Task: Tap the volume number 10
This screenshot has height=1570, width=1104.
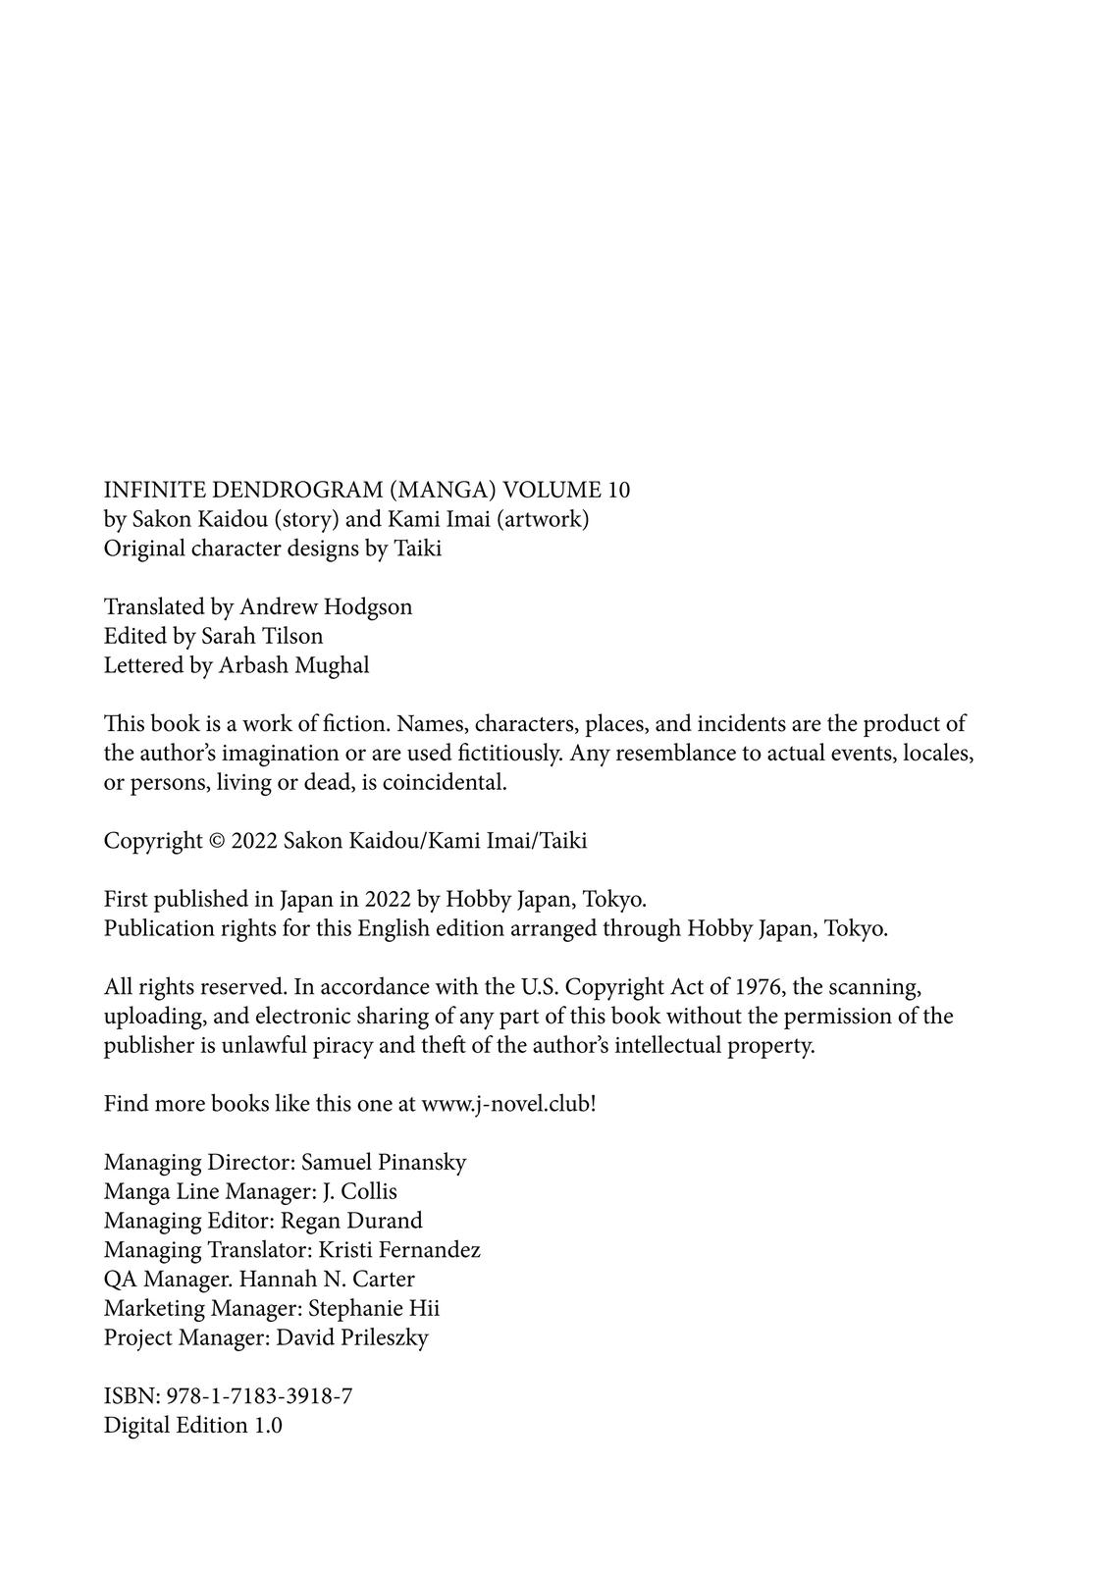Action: pos(618,490)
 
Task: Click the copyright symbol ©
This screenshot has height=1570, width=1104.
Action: pos(217,841)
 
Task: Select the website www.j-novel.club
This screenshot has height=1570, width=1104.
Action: pos(505,1104)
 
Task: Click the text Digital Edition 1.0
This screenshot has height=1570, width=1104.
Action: pos(193,1426)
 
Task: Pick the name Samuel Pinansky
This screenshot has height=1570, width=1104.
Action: pos(384,1163)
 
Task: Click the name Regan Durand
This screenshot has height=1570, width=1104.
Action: pos(351,1221)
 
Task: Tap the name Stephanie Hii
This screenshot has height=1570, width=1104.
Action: pos(374,1308)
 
